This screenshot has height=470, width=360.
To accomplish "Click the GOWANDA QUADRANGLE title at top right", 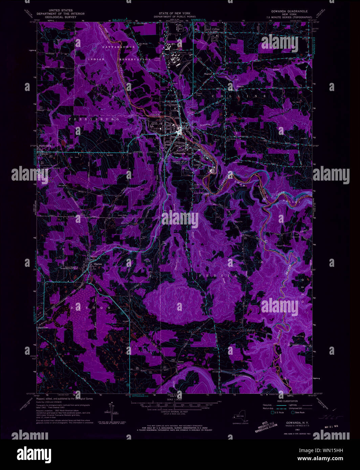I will click(x=289, y=11).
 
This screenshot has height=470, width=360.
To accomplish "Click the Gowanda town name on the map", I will click(x=179, y=153).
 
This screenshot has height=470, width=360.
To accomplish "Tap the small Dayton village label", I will click(x=98, y=264).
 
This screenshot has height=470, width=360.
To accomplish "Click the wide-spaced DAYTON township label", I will click(x=90, y=308).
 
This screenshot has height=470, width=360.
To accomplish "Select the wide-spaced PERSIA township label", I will click(x=214, y=276).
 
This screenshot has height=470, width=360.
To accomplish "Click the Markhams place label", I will click(x=42, y=328).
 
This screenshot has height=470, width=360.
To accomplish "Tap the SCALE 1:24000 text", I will click(x=175, y=399).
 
